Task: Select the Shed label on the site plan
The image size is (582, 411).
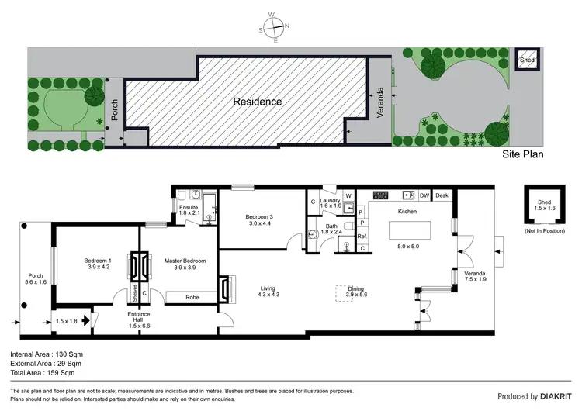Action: (528, 60)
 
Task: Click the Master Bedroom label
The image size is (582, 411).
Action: (185, 261)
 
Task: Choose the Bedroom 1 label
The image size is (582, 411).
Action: (98, 261)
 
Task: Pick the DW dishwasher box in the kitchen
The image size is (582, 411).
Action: (424, 196)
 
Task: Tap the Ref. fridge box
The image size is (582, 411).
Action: (362, 236)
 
